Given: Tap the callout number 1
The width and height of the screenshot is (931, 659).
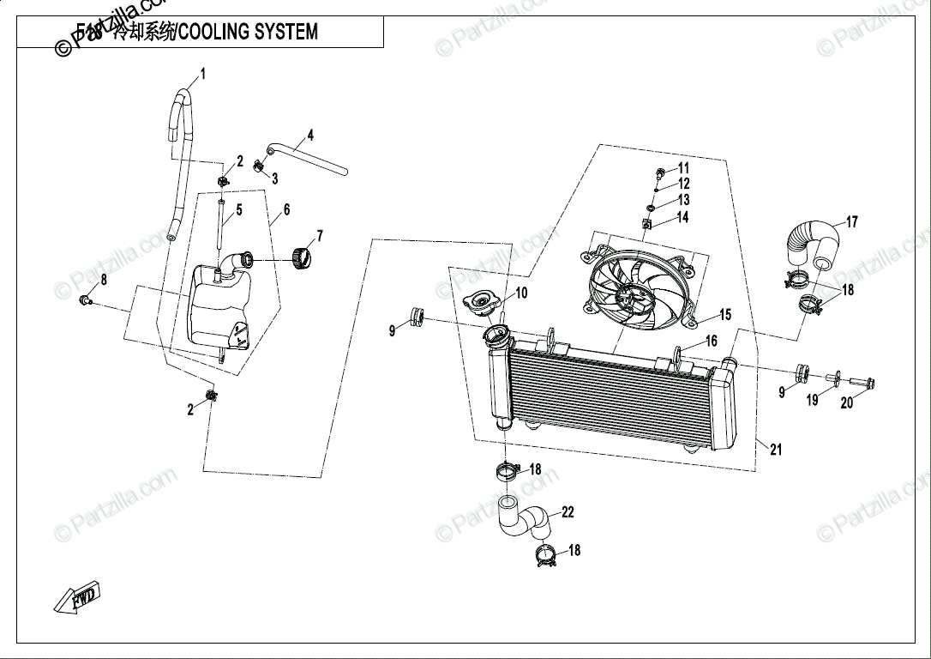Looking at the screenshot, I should [203, 74].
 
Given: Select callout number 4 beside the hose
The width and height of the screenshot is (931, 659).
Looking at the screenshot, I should [310, 135].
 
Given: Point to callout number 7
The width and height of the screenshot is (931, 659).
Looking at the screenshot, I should [319, 234].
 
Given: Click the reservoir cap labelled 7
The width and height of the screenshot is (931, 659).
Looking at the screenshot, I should [300, 257].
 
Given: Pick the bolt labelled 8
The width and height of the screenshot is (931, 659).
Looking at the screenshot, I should [85, 299].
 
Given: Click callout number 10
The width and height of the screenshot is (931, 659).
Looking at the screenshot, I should [520, 293].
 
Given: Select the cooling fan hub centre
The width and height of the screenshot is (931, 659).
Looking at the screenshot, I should [633, 299].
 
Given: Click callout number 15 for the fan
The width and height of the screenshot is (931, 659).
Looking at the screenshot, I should [724, 315].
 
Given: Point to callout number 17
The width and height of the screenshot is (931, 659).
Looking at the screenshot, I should [851, 222].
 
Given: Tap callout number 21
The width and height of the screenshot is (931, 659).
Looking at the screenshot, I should [775, 450].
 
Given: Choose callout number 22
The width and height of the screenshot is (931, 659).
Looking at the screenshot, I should [568, 512].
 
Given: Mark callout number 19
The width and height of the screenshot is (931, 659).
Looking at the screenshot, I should [813, 400].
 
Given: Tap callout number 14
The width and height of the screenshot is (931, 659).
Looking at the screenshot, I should [682, 218].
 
